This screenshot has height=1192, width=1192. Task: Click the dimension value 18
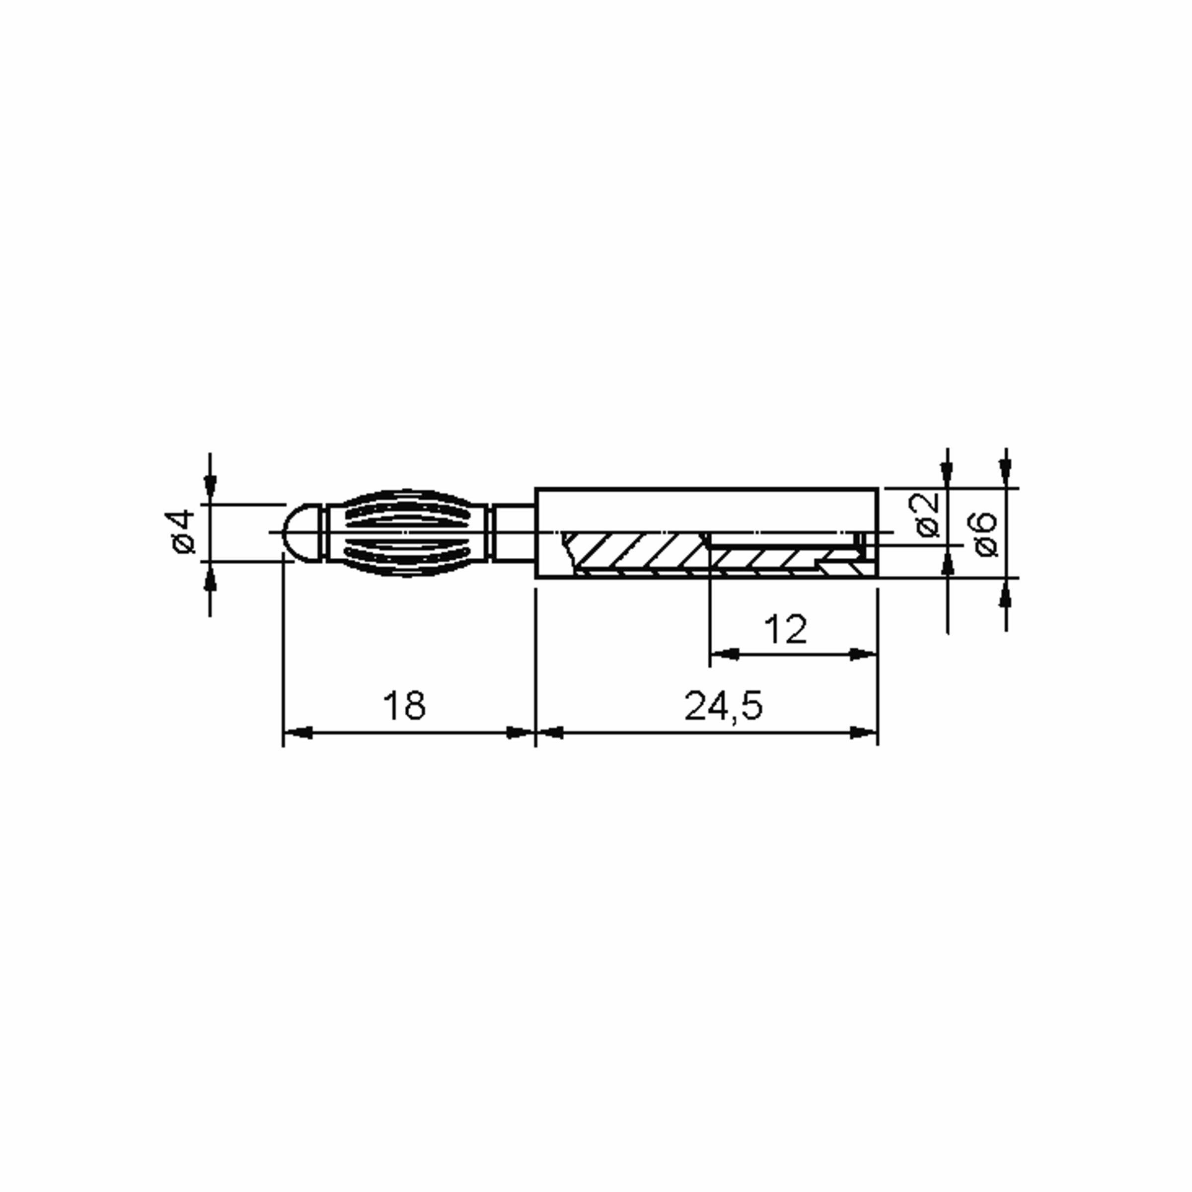pyautogui.click(x=404, y=706)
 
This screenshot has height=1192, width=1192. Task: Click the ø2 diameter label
pyautogui.click(x=927, y=515)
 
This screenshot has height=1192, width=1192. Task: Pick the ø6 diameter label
pyautogui.click(x=985, y=534)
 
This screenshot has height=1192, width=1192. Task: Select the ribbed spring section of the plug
pyautogui.click(x=405, y=532)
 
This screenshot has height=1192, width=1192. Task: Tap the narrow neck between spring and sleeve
pyautogui.click(x=514, y=532)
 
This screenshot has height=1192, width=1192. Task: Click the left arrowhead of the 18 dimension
pyautogui.click(x=298, y=733)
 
